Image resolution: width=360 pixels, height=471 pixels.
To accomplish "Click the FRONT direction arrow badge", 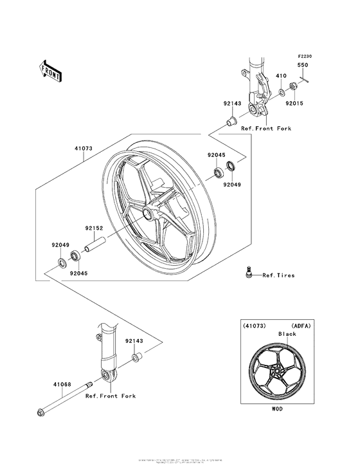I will pyautogui.click(x=51, y=69).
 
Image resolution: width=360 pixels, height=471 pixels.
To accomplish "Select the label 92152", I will pyautogui.click(x=94, y=226).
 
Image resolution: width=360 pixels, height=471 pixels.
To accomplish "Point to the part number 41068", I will pyautogui.click(x=62, y=384).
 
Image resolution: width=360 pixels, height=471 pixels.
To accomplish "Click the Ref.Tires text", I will pyautogui.click(x=278, y=275).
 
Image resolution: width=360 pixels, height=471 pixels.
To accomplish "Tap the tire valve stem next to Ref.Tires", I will pyautogui.click(x=246, y=272).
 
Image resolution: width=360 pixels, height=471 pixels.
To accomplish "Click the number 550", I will pyautogui.click(x=301, y=66).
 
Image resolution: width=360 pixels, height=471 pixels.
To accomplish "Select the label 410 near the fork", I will pyautogui.click(x=281, y=76).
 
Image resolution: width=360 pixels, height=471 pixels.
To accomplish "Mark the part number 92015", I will pyautogui.click(x=294, y=103).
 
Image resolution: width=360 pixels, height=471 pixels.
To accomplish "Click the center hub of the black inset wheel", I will pyautogui.click(x=276, y=370).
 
